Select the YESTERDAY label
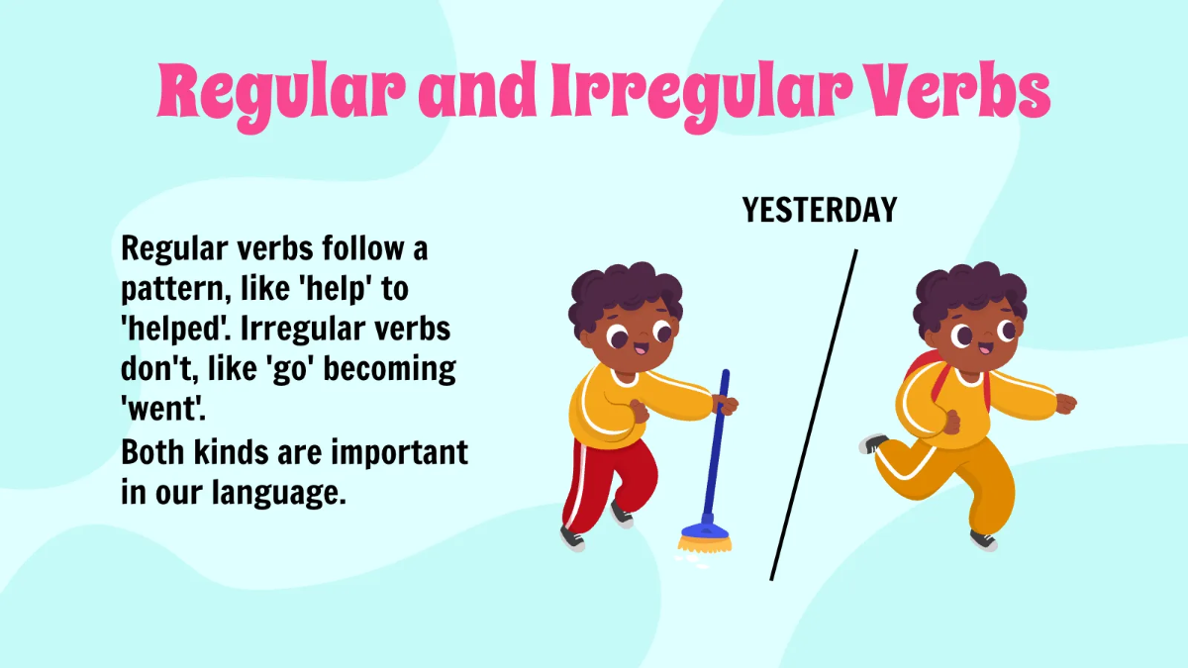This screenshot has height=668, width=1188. click(x=820, y=210)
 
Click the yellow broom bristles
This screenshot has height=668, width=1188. click(x=706, y=541)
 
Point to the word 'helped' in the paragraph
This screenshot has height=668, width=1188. click(x=174, y=331)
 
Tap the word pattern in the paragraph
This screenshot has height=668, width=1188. click(x=172, y=291)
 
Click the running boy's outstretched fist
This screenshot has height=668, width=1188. click(x=1065, y=403)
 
